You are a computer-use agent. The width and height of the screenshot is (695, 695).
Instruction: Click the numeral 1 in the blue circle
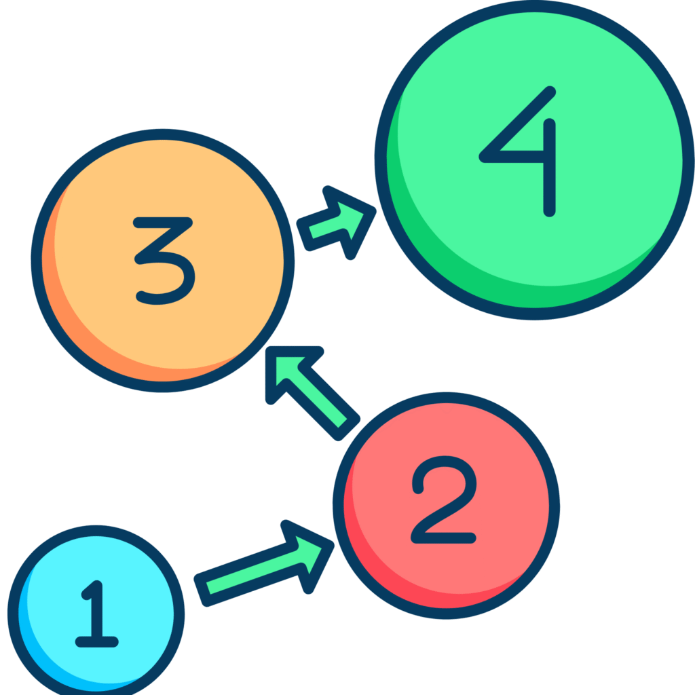coord(96,614)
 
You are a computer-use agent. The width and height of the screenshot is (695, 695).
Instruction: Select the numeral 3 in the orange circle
coord(164,261)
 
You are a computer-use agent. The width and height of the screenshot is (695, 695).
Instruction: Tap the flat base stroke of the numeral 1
coord(96,641)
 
